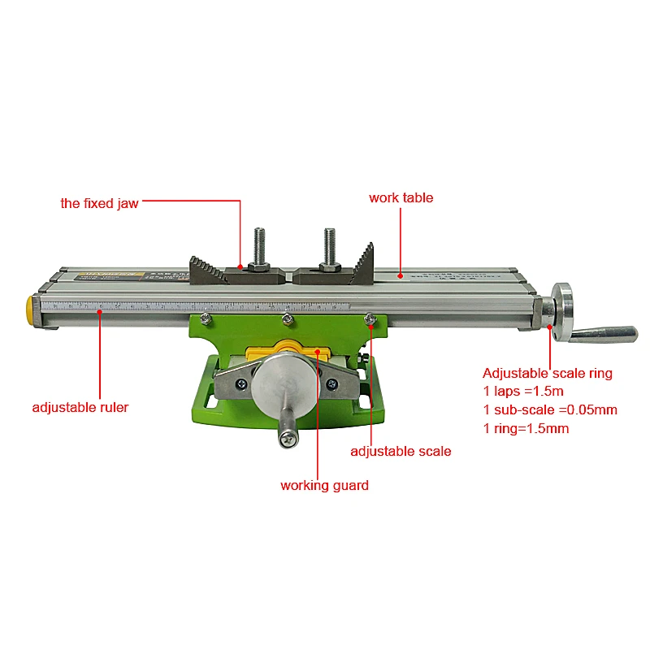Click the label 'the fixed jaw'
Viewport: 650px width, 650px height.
pyautogui.click(x=99, y=204)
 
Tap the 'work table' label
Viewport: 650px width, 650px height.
pyautogui.click(x=401, y=197)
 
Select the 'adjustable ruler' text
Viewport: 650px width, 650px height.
pyautogui.click(x=80, y=408)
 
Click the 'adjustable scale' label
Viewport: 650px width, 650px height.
pyautogui.click(x=401, y=452)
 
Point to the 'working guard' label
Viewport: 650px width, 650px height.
pyautogui.click(x=324, y=485)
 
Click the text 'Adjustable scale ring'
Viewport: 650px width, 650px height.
pyautogui.click(x=548, y=373)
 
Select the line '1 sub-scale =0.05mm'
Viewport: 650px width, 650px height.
pyautogui.click(x=550, y=410)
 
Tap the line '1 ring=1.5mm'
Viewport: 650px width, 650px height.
pyautogui.click(x=526, y=429)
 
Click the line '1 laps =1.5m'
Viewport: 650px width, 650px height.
pyautogui.click(x=523, y=392)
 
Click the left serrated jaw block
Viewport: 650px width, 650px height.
pyautogui.click(x=208, y=271)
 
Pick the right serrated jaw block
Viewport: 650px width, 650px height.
pyautogui.click(x=361, y=265)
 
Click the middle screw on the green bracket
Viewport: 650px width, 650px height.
pyautogui.click(x=288, y=319)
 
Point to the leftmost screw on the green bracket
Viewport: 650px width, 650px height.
pyautogui.click(x=206, y=318)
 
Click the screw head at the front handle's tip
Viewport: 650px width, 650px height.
pyautogui.click(x=288, y=439)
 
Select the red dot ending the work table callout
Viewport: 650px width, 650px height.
pyautogui.click(x=400, y=275)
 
